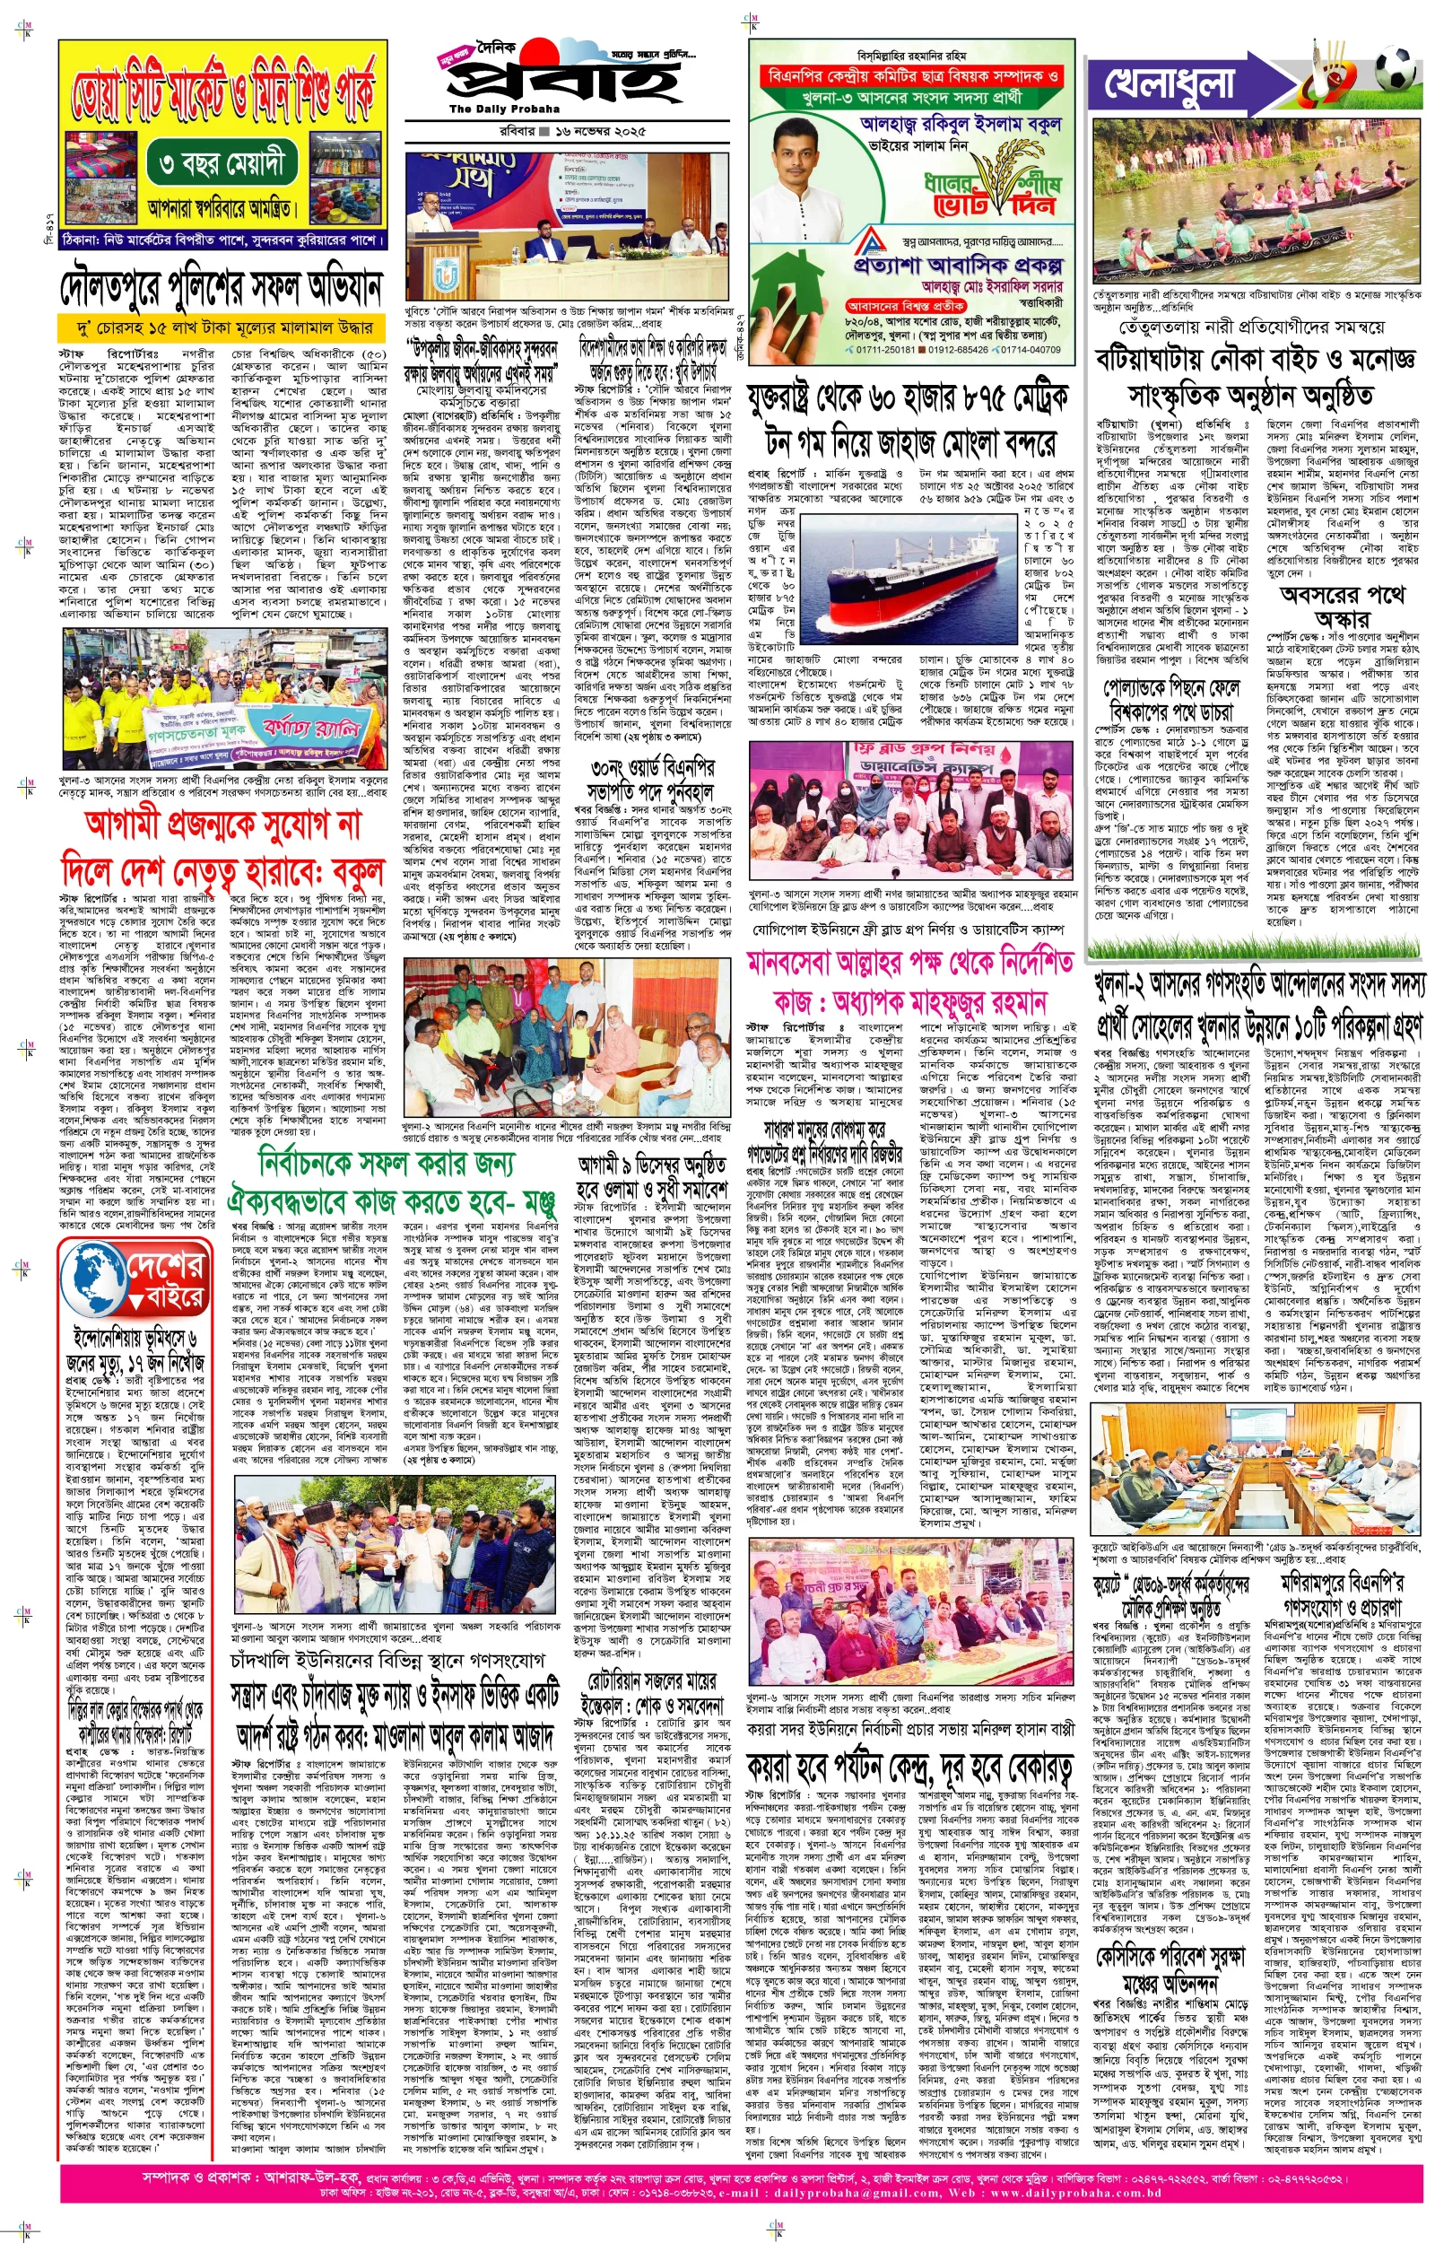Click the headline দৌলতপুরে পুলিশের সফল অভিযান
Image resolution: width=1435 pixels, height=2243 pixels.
(x=222, y=288)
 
